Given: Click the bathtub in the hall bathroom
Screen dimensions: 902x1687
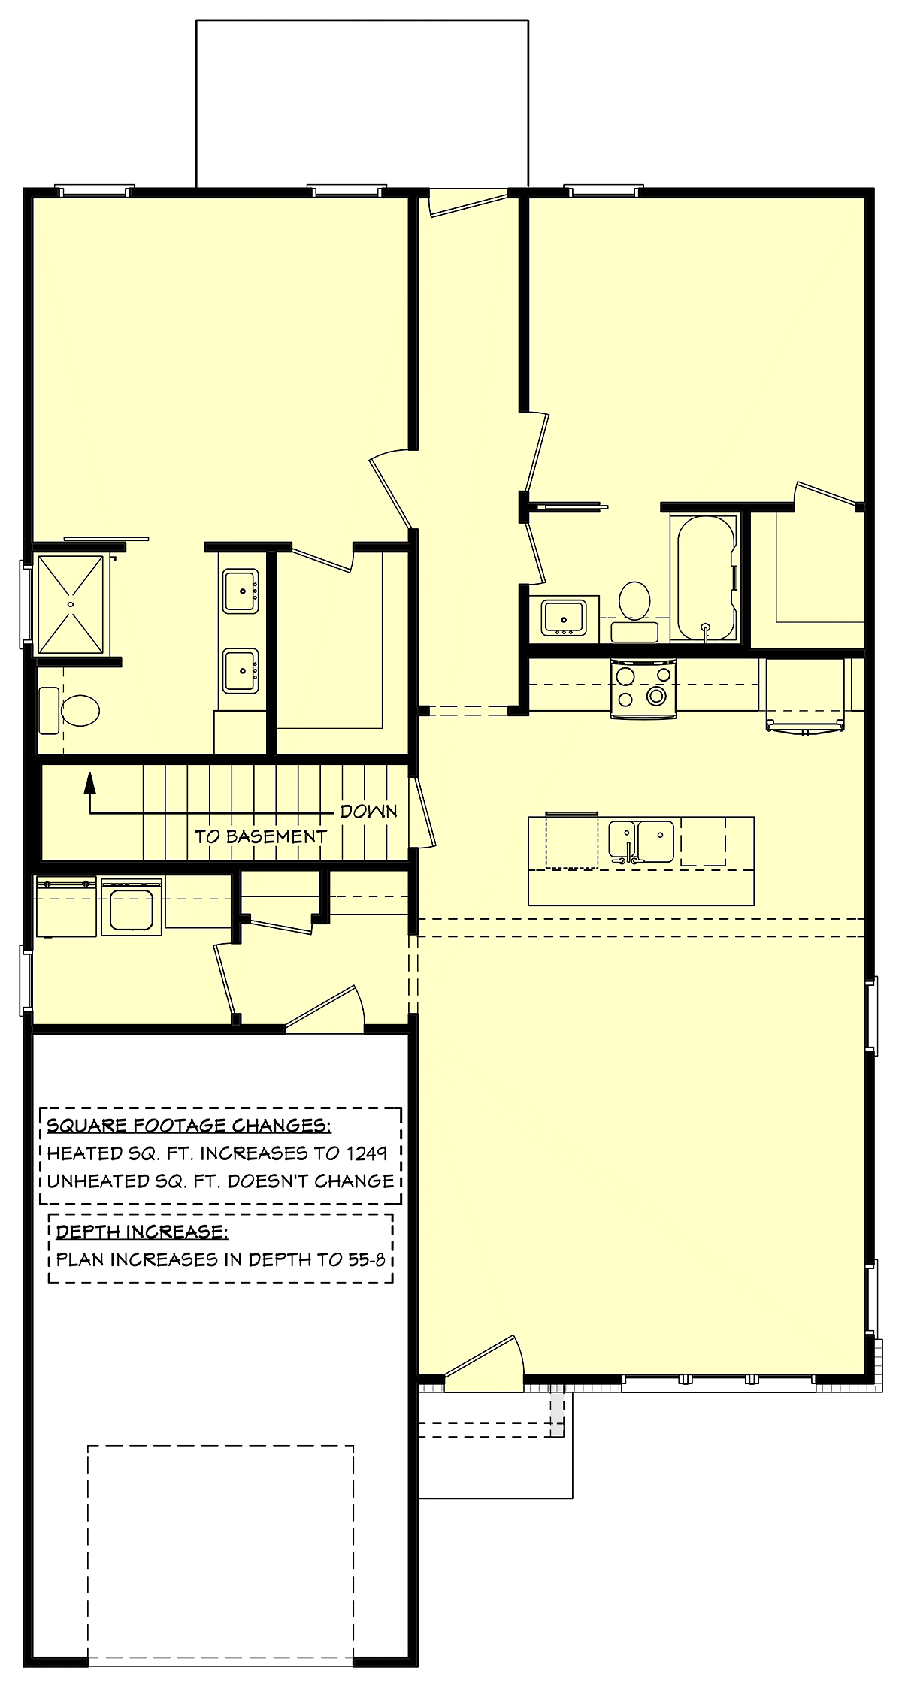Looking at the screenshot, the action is [x=707, y=578].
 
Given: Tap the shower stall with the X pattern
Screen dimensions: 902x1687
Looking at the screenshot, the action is [x=71, y=604].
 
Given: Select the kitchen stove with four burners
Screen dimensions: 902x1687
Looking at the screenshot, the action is [x=643, y=688].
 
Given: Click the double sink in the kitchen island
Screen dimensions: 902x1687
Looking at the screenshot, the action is [x=641, y=842].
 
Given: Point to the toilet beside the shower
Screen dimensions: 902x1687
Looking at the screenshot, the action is [x=69, y=710].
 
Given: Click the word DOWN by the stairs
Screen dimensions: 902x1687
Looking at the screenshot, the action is [x=368, y=812].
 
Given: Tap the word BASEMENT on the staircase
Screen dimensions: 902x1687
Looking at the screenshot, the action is [x=276, y=836].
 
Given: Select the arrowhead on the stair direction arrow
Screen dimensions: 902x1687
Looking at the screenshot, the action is [x=90, y=783].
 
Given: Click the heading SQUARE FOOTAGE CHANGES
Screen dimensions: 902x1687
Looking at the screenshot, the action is [x=189, y=1125].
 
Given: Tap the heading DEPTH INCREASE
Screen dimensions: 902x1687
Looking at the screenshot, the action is [x=142, y=1232].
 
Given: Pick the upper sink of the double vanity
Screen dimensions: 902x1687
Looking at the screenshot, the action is [x=241, y=591].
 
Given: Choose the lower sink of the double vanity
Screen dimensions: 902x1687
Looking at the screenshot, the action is [x=241, y=670].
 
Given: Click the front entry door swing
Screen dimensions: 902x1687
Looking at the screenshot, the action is [x=485, y=1362].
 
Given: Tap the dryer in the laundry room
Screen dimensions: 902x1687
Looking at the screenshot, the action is [x=132, y=907].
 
